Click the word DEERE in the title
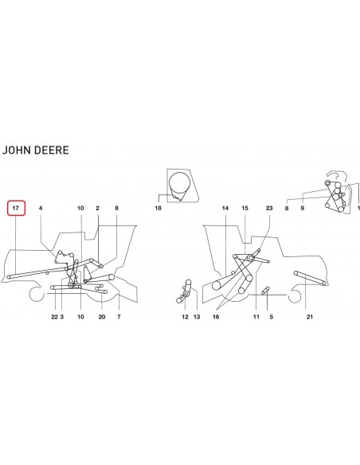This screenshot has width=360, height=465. [x=52, y=150]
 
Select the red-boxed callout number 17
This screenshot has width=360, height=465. [x=16, y=208]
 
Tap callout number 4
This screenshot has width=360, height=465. [x=41, y=208]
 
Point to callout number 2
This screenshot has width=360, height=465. [x=97, y=208]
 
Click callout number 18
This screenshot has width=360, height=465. [x=158, y=208]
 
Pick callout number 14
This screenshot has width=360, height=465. [x=225, y=208]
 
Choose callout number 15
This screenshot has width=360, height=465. [x=245, y=208]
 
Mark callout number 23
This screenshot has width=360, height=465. [x=269, y=208]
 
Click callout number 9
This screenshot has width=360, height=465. [x=302, y=208]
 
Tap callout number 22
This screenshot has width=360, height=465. [x=54, y=317]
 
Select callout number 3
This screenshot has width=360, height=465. [x=61, y=317]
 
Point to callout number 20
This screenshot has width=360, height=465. [x=102, y=317]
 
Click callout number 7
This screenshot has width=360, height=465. [x=119, y=317]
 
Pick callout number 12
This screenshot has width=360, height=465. [x=185, y=317]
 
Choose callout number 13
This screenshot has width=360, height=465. [x=197, y=317]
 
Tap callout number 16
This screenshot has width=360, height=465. [x=216, y=317]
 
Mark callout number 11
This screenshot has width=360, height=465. [x=256, y=317]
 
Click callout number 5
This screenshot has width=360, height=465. [x=272, y=317]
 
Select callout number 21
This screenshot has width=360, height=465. [x=310, y=317]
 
